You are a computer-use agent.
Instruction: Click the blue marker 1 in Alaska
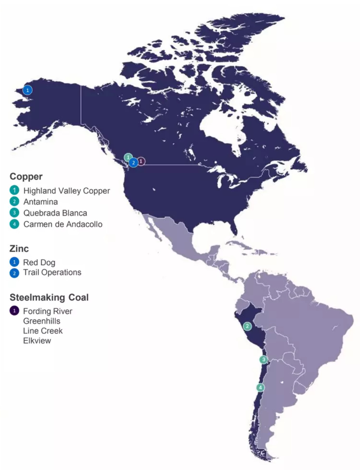point(27,90)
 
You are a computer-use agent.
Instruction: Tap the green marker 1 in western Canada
point(128,157)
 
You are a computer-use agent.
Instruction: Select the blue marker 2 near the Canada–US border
point(133,162)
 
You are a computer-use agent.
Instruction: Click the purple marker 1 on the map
point(141,161)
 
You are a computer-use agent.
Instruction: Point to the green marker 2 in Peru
point(247,326)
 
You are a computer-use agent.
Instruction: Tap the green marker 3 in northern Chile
point(264,359)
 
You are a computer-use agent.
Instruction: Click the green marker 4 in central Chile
point(260,387)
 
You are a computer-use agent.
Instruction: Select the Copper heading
point(26,176)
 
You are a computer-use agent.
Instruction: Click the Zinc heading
point(19,248)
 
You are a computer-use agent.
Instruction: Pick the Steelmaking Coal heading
point(49,297)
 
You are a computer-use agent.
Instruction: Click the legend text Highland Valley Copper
point(66,191)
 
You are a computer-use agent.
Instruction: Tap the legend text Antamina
point(41,202)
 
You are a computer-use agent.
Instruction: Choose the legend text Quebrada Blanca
point(55,213)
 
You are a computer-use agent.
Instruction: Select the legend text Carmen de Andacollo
point(63,224)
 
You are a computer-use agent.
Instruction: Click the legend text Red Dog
point(39,262)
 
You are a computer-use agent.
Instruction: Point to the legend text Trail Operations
point(52,272)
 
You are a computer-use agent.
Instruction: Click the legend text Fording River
point(47,311)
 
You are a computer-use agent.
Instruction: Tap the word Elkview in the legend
point(37,340)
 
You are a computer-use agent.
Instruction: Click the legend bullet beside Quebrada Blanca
point(14,213)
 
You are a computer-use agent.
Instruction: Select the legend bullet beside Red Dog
point(14,262)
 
